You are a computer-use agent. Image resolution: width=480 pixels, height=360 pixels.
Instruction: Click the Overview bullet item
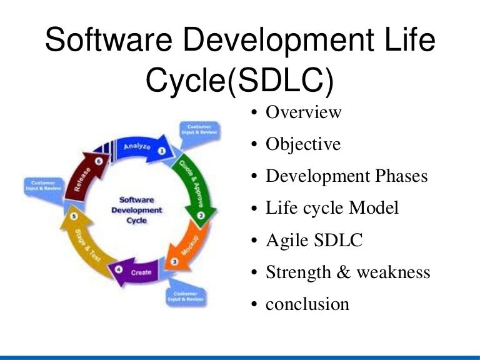point(304,112)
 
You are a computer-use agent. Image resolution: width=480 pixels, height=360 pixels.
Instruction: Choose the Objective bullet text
point(303,144)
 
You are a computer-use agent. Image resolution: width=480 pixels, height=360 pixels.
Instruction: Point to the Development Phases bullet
point(347,176)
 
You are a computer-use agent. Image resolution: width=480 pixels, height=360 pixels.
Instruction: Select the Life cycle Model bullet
point(332,208)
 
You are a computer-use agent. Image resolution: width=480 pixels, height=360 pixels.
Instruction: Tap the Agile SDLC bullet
point(314,240)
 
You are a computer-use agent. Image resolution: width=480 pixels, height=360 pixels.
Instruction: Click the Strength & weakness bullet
point(348,272)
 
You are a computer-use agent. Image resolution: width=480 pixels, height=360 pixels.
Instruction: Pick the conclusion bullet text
point(307,304)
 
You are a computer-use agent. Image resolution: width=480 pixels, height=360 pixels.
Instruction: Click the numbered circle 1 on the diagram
point(161,151)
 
